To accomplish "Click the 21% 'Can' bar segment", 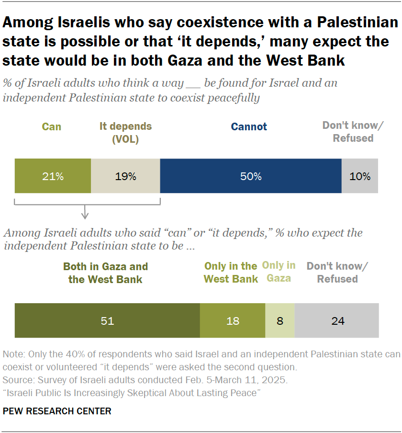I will pos(53,176).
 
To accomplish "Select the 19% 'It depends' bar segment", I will pos(125,176).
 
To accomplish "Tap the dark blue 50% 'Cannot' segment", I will pos(251,176).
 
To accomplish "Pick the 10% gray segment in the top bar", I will pos(360,176).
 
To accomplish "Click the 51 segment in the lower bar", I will pos(107,320).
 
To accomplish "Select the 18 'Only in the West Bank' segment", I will pos(233,320).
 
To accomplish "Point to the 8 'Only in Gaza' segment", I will pos(280,320).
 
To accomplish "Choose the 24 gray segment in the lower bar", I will pos(337,320).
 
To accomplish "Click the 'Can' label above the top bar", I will pos(52,127).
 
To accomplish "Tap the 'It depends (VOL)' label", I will pos(125,132).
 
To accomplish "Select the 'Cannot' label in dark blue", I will pos(249,127).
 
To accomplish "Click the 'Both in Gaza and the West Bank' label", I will pos(105,273).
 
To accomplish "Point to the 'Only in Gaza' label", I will pos(279,272).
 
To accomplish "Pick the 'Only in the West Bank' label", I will pos(231,273).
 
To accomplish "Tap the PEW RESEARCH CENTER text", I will pos(57,411).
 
